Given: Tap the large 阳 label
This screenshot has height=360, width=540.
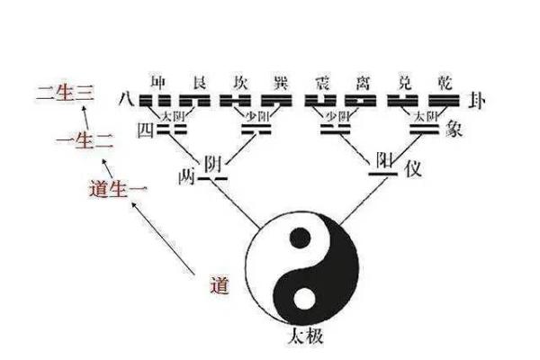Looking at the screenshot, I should (384, 161).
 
